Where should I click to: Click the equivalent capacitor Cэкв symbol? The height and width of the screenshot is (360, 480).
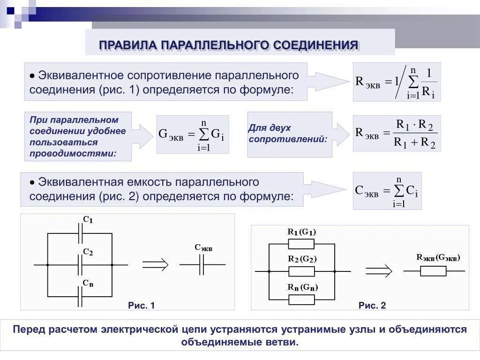[202, 265]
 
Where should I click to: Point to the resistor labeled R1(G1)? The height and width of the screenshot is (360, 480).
[301, 244]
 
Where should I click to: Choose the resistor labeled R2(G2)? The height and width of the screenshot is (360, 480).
[301, 271]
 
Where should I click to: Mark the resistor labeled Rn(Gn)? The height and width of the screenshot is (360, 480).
[301, 299]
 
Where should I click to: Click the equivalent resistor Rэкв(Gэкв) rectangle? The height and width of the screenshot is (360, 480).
[434, 271]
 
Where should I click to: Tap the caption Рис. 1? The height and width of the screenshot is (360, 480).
[141, 306]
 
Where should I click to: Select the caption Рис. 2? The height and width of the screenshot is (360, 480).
[372, 306]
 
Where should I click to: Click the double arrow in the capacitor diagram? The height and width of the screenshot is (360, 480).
[155, 265]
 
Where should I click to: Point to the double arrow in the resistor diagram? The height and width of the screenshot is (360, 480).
[379, 271]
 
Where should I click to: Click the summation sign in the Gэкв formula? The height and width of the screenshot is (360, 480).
[203, 135]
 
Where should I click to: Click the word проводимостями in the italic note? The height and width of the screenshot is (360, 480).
[73, 153]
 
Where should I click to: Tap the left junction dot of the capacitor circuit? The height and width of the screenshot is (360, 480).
[47, 265]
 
